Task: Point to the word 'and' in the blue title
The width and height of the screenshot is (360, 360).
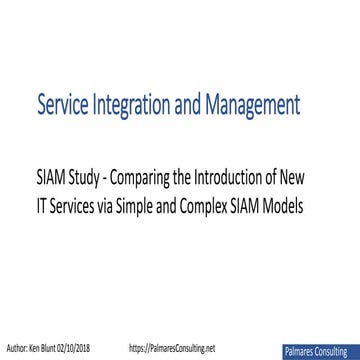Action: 200,103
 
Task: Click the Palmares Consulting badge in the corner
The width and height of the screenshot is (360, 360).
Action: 321,351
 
